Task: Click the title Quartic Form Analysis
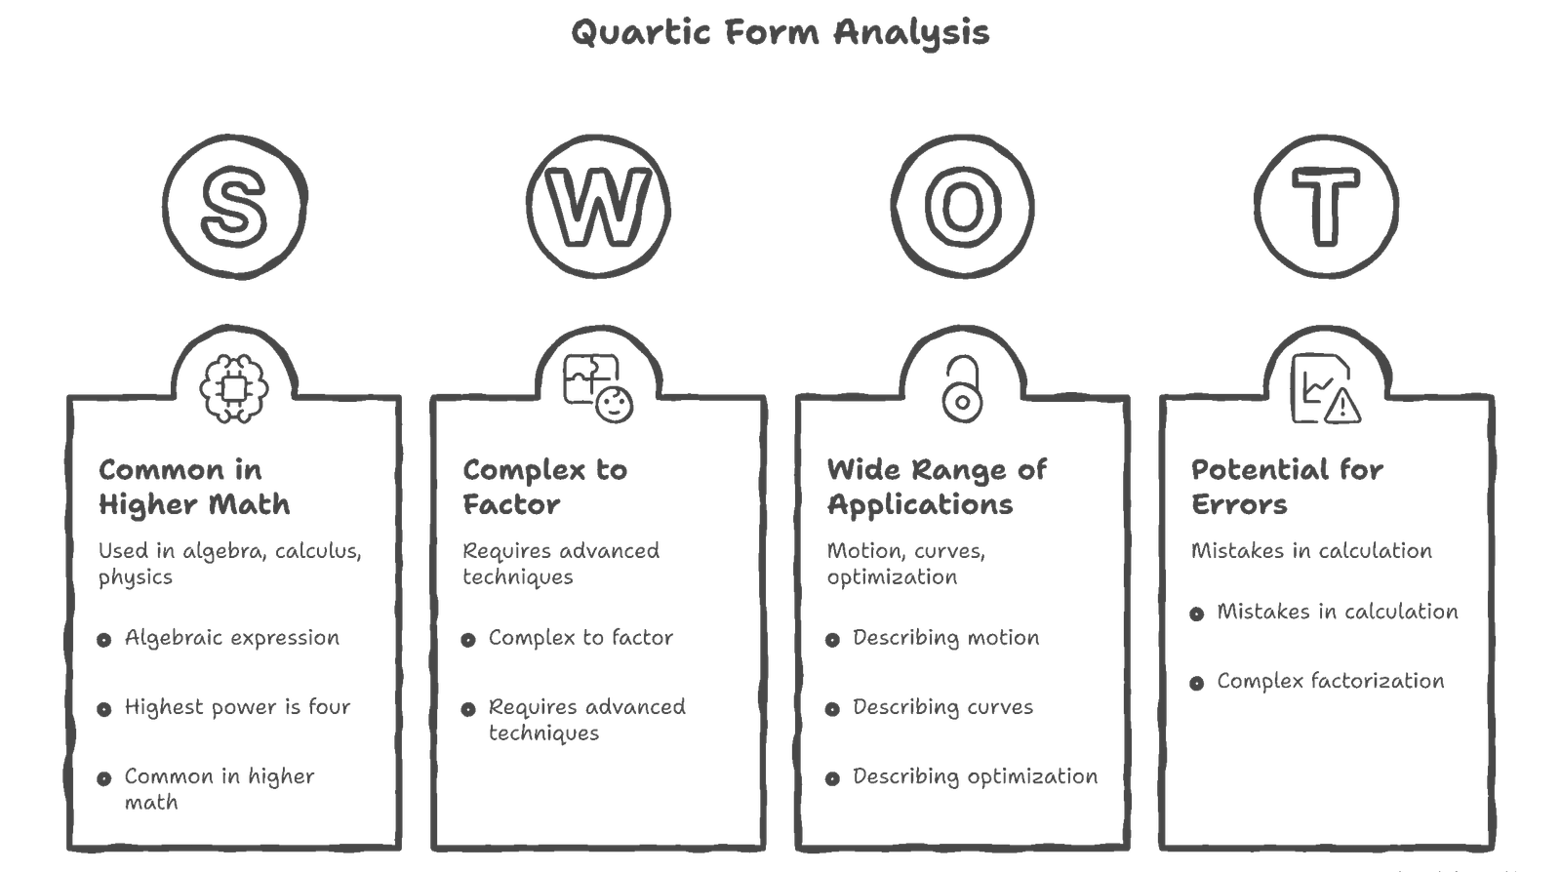pos(780,33)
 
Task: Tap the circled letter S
pos(235,207)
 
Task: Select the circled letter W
pos(599,207)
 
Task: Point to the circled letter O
pos(962,207)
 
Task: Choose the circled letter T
pos(1325,207)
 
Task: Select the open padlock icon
pos(962,388)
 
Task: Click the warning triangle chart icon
pos(1325,389)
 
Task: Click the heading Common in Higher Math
pos(193,488)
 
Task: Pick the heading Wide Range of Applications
pos(937,488)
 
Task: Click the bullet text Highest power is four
pos(237,707)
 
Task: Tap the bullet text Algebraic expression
pos(232,638)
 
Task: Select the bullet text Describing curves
pos(942,707)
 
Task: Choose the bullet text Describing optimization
pos(975,777)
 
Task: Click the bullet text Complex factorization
pos(1330,681)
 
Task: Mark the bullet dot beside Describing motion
pos(832,640)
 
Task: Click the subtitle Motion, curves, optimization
pos(906,564)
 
